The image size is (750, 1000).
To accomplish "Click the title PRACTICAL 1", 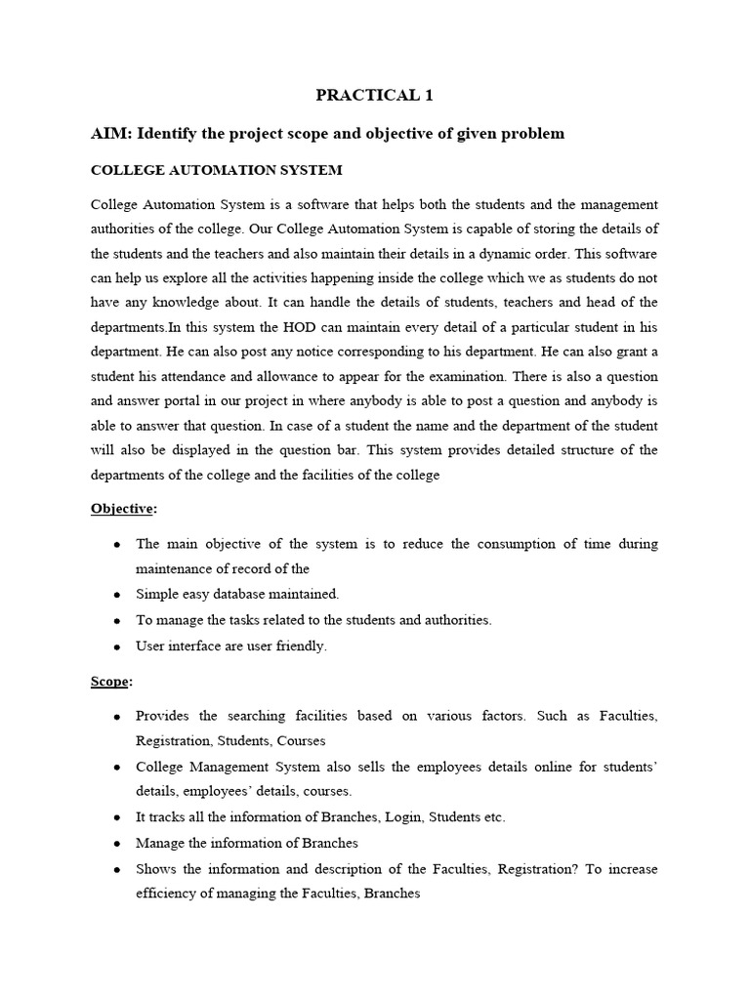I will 374,95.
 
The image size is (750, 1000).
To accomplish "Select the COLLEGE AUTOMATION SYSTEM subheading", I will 216,170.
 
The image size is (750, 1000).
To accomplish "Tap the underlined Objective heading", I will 122,509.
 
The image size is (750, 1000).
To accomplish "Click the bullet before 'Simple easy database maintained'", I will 117,594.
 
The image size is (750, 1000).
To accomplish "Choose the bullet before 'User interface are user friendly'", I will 117,646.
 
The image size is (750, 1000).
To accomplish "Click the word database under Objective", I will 243,594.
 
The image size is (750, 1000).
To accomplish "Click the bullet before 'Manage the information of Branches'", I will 117,843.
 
